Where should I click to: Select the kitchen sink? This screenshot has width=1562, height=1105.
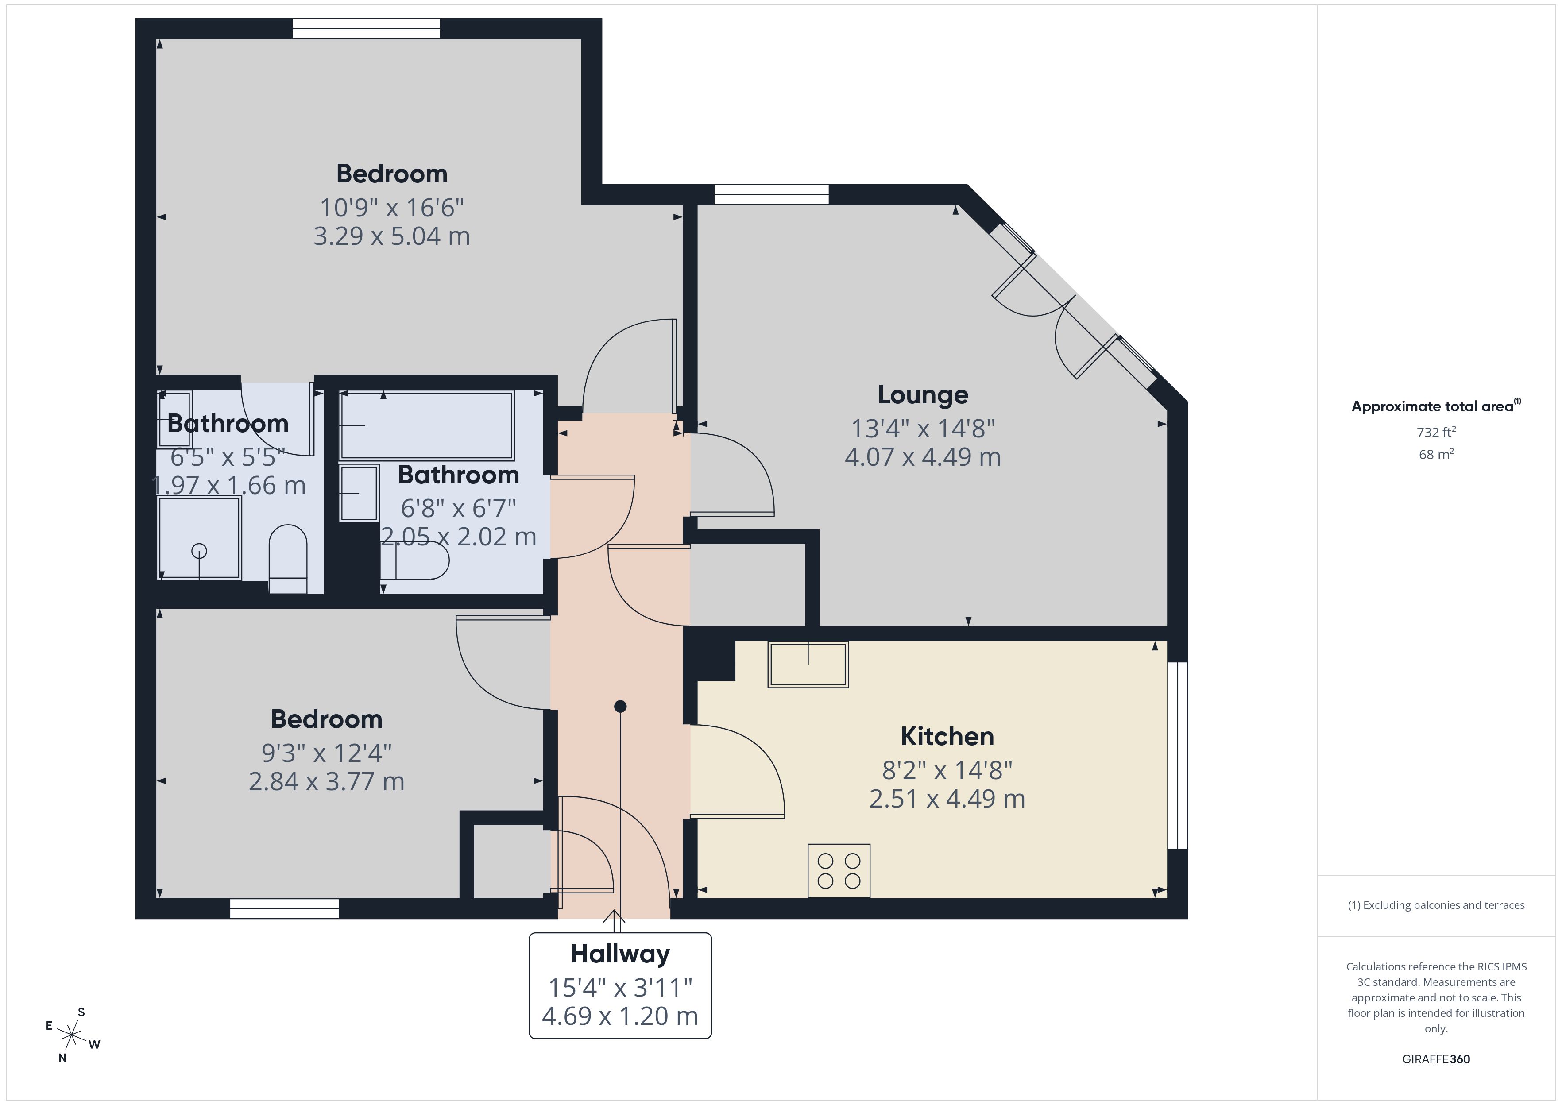808,664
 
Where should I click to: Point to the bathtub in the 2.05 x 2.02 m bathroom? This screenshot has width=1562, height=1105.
426,425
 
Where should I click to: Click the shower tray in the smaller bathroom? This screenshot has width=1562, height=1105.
199,537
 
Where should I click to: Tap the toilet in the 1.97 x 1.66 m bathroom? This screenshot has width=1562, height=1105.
288,558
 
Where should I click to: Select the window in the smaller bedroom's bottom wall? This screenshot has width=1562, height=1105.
284,908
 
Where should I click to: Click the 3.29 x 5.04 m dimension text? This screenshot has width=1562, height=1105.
391,236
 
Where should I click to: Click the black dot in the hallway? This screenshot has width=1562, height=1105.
620,706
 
